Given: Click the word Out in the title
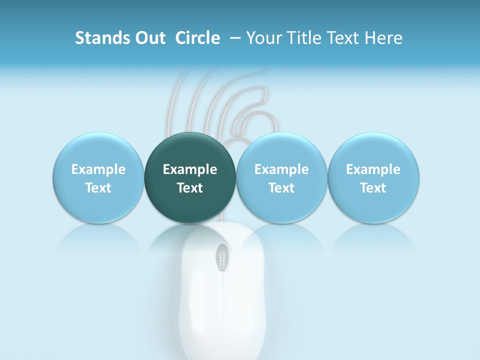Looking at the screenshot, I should pyautogui.click(x=148, y=38).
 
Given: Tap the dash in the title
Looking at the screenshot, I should pyautogui.click(x=235, y=38).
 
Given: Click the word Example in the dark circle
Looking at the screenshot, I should pyautogui.click(x=190, y=169).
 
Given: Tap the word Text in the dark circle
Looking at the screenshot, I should pyautogui.click(x=190, y=188).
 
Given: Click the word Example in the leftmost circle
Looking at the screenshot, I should pyautogui.click(x=98, y=169).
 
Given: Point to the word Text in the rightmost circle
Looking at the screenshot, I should pyautogui.click(x=373, y=188).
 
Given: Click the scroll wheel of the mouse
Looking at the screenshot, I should pyautogui.click(x=222, y=258).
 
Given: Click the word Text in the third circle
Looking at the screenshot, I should pyautogui.click(x=281, y=188).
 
